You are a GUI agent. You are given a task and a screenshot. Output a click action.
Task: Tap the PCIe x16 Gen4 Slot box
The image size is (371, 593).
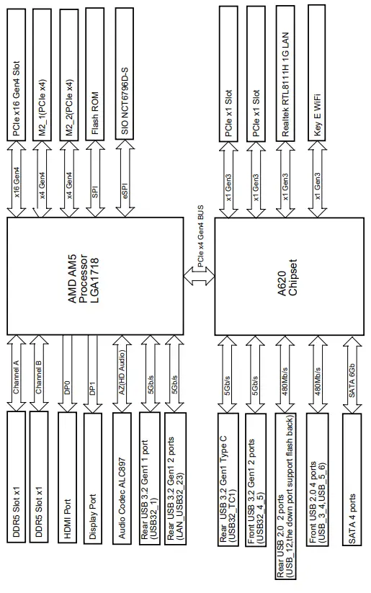click(20, 72)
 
